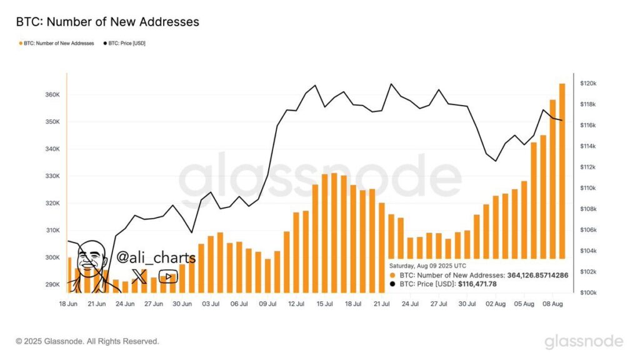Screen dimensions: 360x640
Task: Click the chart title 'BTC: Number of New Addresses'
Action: (x=107, y=22)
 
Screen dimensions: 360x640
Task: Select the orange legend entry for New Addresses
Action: (x=57, y=43)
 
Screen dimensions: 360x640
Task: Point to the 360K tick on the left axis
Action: (x=52, y=95)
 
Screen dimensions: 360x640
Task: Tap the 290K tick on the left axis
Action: (x=52, y=284)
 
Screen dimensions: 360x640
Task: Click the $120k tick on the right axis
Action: (x=589, y=83)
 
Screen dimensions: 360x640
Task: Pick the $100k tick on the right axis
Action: (x=589, y=292)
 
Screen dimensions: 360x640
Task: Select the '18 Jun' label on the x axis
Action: (x=68, y=304)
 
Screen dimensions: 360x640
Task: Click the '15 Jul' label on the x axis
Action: (x=324, y=304)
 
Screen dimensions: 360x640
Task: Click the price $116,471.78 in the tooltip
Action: (x=477, y=284)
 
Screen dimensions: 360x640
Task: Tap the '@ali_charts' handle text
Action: (x=156, y=257)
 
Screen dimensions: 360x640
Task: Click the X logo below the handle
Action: (x=140, y=277)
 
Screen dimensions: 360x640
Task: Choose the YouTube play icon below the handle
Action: (x=167, y=277)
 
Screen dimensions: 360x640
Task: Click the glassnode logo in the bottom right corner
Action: (x=583, y=341)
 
